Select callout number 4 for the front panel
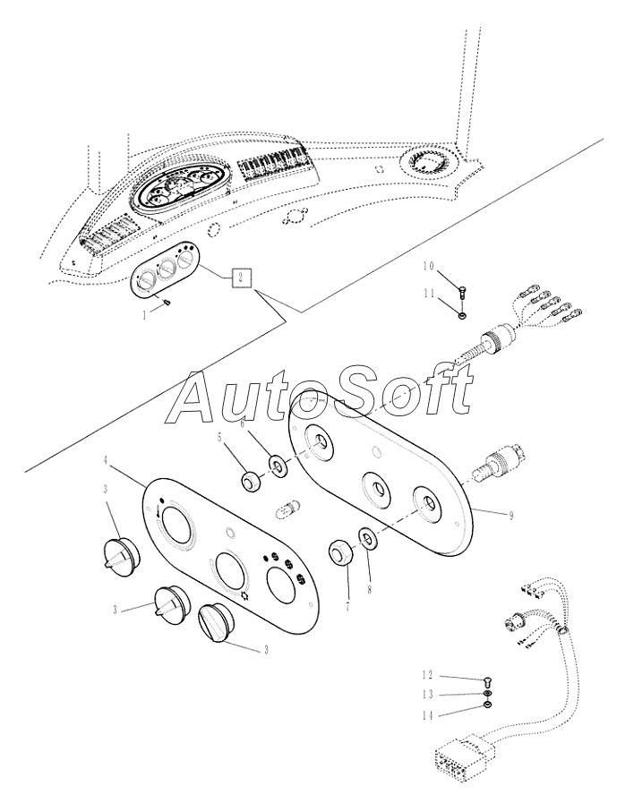(x=107, y=459)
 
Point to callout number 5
(x=218, y=439)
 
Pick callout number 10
(x=428, y=267)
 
